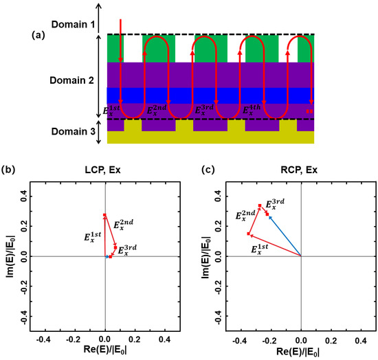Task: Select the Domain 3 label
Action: (x=69, y=131)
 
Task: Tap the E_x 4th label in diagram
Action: (x=256, y=109)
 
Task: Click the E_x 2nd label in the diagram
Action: (x=159, y=109)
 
